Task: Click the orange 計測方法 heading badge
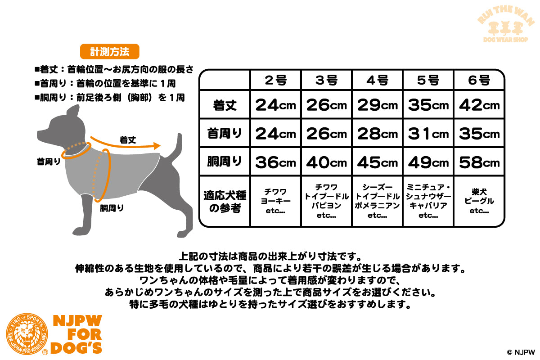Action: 109,52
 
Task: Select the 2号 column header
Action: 275,80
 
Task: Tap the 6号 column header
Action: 479,80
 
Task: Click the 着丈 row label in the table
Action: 225,105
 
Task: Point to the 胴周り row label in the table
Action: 225,162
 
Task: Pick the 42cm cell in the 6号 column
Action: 479,105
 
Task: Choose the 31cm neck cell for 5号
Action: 428,133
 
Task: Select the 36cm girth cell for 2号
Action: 275,162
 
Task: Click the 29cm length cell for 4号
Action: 377,105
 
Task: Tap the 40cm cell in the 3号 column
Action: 326,162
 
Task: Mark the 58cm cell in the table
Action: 479,162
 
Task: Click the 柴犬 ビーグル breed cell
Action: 479,201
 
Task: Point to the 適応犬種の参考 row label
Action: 225,201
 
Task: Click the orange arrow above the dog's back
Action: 126,144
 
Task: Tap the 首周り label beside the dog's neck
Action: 48,161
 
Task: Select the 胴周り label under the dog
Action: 112,208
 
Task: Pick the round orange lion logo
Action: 27,333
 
